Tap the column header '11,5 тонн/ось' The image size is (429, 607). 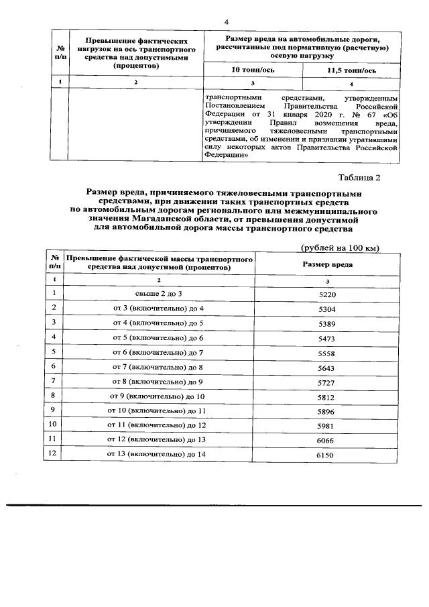351,70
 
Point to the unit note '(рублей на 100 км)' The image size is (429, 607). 341,247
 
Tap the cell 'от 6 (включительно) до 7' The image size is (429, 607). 158,352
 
